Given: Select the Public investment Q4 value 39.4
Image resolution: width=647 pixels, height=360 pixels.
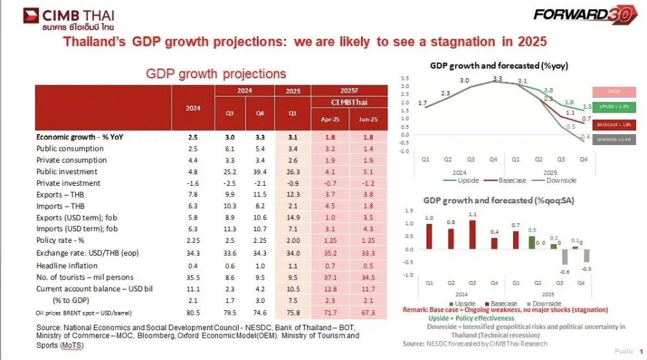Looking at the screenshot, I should [260, 172].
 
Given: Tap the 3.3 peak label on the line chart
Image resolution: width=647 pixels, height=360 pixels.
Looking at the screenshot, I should [497, 79].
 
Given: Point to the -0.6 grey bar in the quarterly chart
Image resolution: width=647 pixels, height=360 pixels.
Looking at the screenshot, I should [564, 256].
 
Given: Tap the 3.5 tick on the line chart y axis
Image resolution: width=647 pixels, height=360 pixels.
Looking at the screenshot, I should [405, 78].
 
